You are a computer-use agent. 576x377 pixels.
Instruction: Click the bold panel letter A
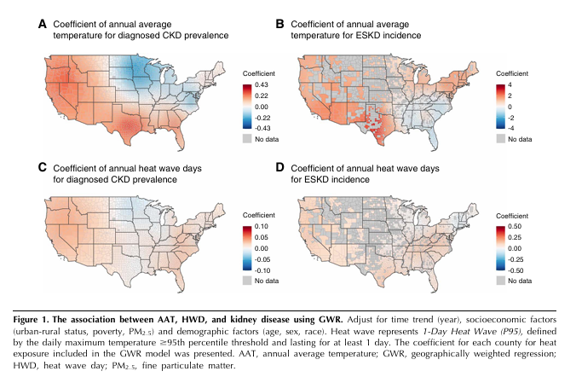[x=42, y=25]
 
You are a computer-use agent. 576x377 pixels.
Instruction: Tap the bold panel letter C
[x=42, y=168]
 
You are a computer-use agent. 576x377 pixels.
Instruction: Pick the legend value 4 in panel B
[x=510, y=86]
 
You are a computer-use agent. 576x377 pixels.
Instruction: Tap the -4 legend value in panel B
[x=511, y=126]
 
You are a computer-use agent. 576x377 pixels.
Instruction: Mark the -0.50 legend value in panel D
[x=518, y=268]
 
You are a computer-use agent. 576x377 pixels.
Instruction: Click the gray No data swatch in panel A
[x=248, y=137]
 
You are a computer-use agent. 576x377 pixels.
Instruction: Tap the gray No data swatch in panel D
[x=501, y=280]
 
